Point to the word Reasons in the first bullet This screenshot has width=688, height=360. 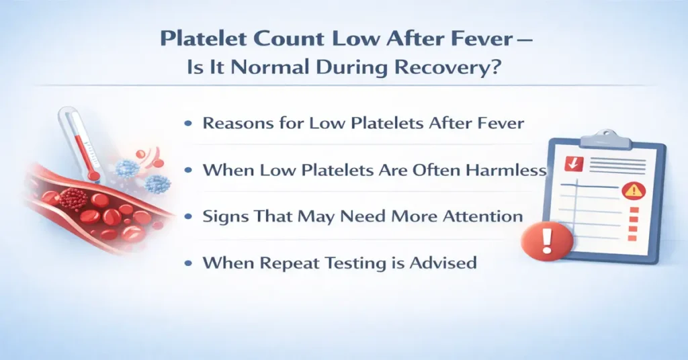tap(235, 124)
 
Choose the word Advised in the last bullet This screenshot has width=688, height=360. tap(444, 262)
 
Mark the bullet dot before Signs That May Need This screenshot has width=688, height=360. tap(190, 217)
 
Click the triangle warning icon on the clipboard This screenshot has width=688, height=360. tap(632, 191)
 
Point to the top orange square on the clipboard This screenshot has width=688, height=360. tap(632, 210)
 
